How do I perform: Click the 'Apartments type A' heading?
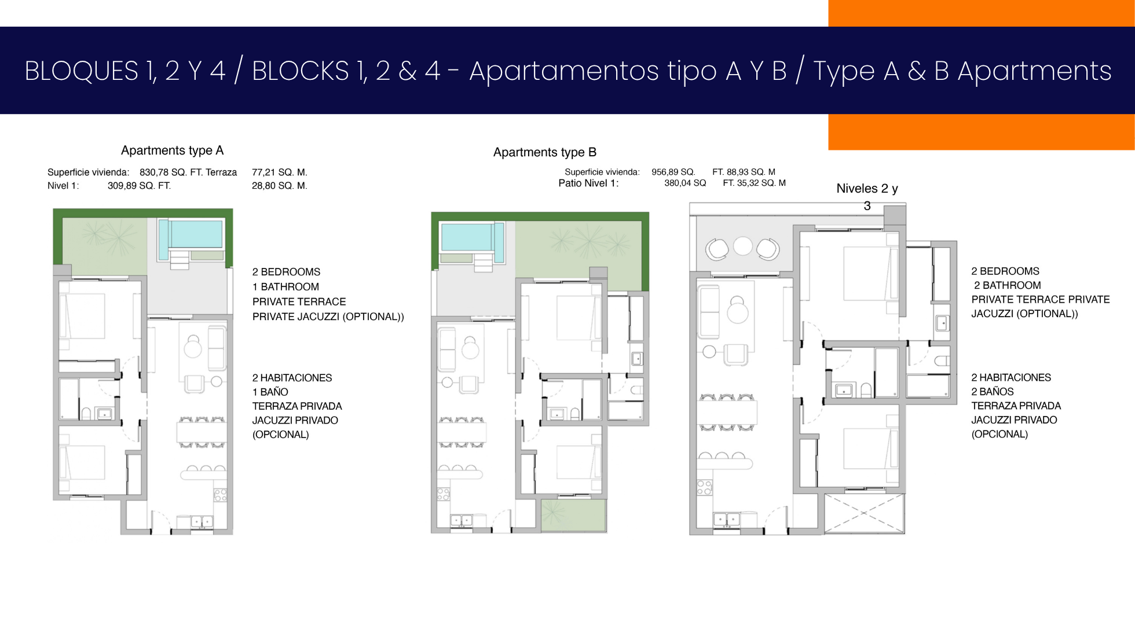[172, 150]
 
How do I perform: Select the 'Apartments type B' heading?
[545, 152]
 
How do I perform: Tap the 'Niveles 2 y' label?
[867, 189]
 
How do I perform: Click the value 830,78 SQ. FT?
[171, 172]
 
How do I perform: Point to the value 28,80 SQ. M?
[280, 186]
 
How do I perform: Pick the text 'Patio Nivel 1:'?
[588, 183]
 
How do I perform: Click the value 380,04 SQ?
[685, 183]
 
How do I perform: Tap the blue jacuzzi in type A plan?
[191, 234]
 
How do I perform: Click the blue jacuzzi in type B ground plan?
[472, 238]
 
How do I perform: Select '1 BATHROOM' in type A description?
[285, 287]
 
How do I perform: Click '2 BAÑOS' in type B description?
[993, 392]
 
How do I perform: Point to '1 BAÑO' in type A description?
[270, 392]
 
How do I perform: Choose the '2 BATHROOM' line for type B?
[1007, 285]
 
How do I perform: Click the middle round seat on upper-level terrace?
[742, 246]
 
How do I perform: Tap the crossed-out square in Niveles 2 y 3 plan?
[863, 513]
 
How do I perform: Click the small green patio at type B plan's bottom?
[573, 514]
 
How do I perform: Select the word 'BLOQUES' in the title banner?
[81, 71]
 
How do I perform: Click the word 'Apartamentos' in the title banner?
[564, 72]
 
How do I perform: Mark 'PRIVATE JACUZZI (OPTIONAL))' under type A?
[328, 317]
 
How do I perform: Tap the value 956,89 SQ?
[673, 172]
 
